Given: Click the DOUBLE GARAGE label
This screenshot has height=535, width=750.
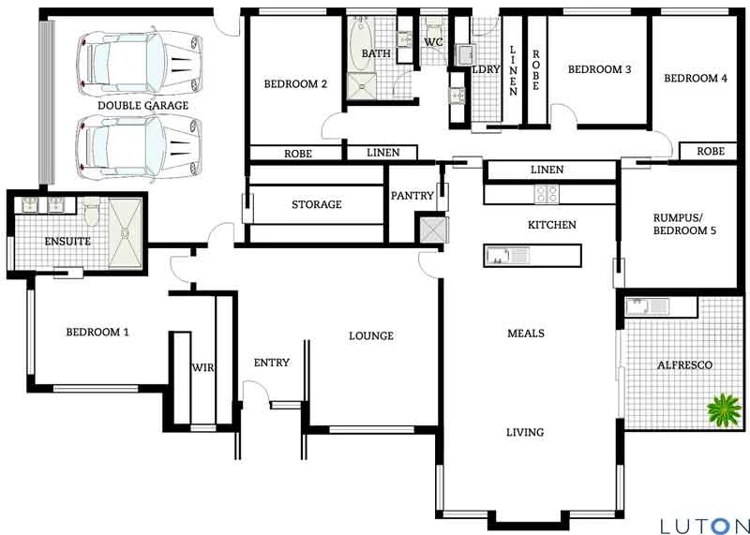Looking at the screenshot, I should (x=142, y=106).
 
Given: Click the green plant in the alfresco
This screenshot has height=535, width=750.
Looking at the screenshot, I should (x=723, y=409).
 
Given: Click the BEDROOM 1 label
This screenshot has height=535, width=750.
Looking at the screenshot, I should (x=97, y=332).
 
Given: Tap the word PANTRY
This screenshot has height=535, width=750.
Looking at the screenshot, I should (x=412, y=196).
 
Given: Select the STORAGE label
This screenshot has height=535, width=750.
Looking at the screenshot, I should (x=316, y=204).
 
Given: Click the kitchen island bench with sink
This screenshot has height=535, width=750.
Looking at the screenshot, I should (x=532, y=256).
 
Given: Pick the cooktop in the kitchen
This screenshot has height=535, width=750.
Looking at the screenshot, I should (x=547, y=194).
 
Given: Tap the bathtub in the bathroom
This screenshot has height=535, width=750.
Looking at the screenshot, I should (x=360, y=38).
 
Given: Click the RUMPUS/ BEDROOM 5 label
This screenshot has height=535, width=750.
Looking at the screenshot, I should (x=679, y=224).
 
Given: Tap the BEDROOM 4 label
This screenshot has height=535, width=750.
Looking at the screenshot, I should (x=696, y=79).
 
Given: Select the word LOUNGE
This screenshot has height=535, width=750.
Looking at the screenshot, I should (x=370, y=335).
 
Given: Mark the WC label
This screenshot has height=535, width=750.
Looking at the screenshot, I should (x=432, y=42).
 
